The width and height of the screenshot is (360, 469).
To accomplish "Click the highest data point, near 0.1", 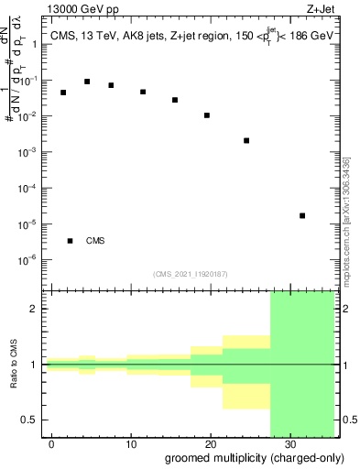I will coord(87,82).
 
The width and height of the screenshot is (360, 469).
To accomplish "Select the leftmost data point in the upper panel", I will coord(63,93).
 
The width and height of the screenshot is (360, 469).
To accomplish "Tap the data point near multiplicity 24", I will coord(246,141).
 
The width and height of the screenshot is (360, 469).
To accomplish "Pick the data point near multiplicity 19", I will coord(207,115).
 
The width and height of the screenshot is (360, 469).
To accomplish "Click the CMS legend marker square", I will coord(70,241).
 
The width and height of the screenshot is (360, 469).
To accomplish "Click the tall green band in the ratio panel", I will coord(302,366).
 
